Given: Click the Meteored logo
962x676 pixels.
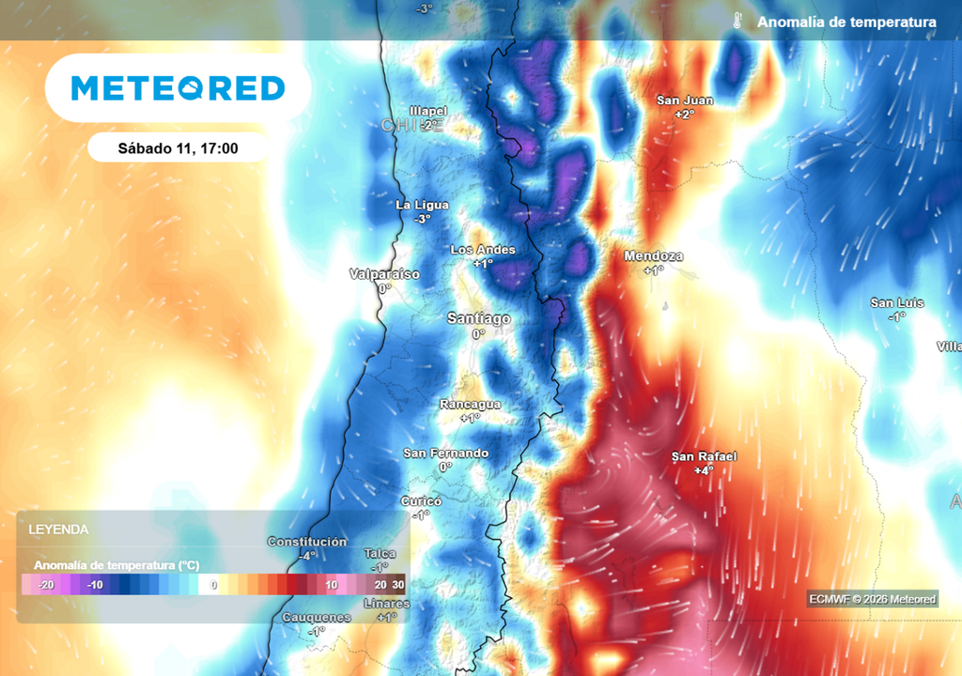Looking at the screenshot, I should pyautogui.click(x=178, y=88).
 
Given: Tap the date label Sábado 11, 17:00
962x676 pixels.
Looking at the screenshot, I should pyautogui.click(x=178, y=147).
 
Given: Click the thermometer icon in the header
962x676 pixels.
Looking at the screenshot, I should pyautogui.click(x=738, y=22).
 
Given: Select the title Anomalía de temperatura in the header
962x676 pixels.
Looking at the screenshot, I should pyautogui.click(x=846, y=22).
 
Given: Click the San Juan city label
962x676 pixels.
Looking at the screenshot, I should pyautogui.click(x=684, y=100).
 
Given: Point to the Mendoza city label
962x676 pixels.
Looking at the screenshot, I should pyautogui.click(x=654, y=256).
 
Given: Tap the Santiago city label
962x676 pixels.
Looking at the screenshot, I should pyautogui.click(x=478, y=319).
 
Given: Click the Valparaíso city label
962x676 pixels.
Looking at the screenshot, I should pyautogui.click(x=384, y=274).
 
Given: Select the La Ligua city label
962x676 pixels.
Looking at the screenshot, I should pyautogui.click(x=422, y=205).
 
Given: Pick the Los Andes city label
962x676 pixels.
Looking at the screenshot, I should pyautogui.click(x=483, y=250).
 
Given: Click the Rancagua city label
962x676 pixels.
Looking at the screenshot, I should pyautogui.click(x=471, y=405).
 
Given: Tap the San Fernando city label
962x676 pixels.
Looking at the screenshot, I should pyautogui.click(x=445, y=453).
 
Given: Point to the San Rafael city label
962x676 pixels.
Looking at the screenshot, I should pyautogui.click(x=704, y=456).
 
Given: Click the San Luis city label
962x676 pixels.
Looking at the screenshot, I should pyautogui.click(x=896, y=302).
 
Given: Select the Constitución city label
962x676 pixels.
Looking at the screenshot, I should pyautogui.click(x=306, y=542).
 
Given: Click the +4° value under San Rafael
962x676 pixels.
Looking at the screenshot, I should pyautogui.click(x=704, y=470).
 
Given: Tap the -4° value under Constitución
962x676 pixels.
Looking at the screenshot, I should pyautogui.click(x=306, y=556).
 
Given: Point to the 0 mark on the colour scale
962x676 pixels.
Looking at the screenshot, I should pyautogui.click(x=213, y=585).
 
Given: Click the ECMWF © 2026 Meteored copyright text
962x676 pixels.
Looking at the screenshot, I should pyautogui.click(x=872, y=599).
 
